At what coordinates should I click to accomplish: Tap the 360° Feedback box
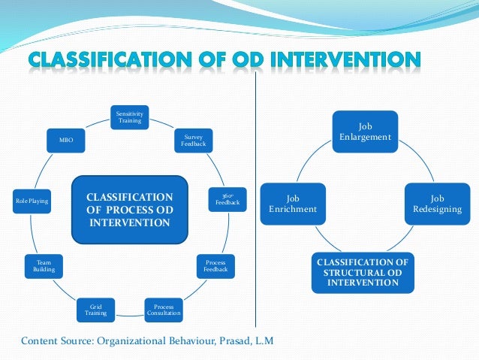(227, 199)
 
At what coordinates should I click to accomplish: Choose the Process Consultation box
(163, 310)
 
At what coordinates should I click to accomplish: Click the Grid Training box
(95, 310)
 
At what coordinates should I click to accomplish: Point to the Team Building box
(43, 265)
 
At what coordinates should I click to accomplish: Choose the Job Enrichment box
(293, 203)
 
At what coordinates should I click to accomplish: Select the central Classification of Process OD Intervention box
(129, 210)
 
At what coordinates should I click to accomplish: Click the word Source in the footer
(76, 342)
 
